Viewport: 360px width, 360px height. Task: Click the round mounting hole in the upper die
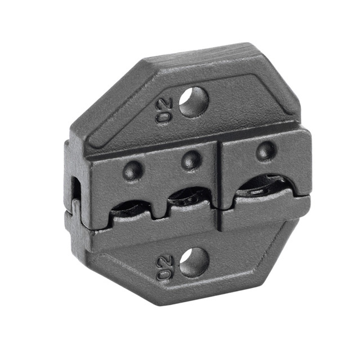194,102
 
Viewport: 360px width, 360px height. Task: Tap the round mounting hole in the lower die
194,262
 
